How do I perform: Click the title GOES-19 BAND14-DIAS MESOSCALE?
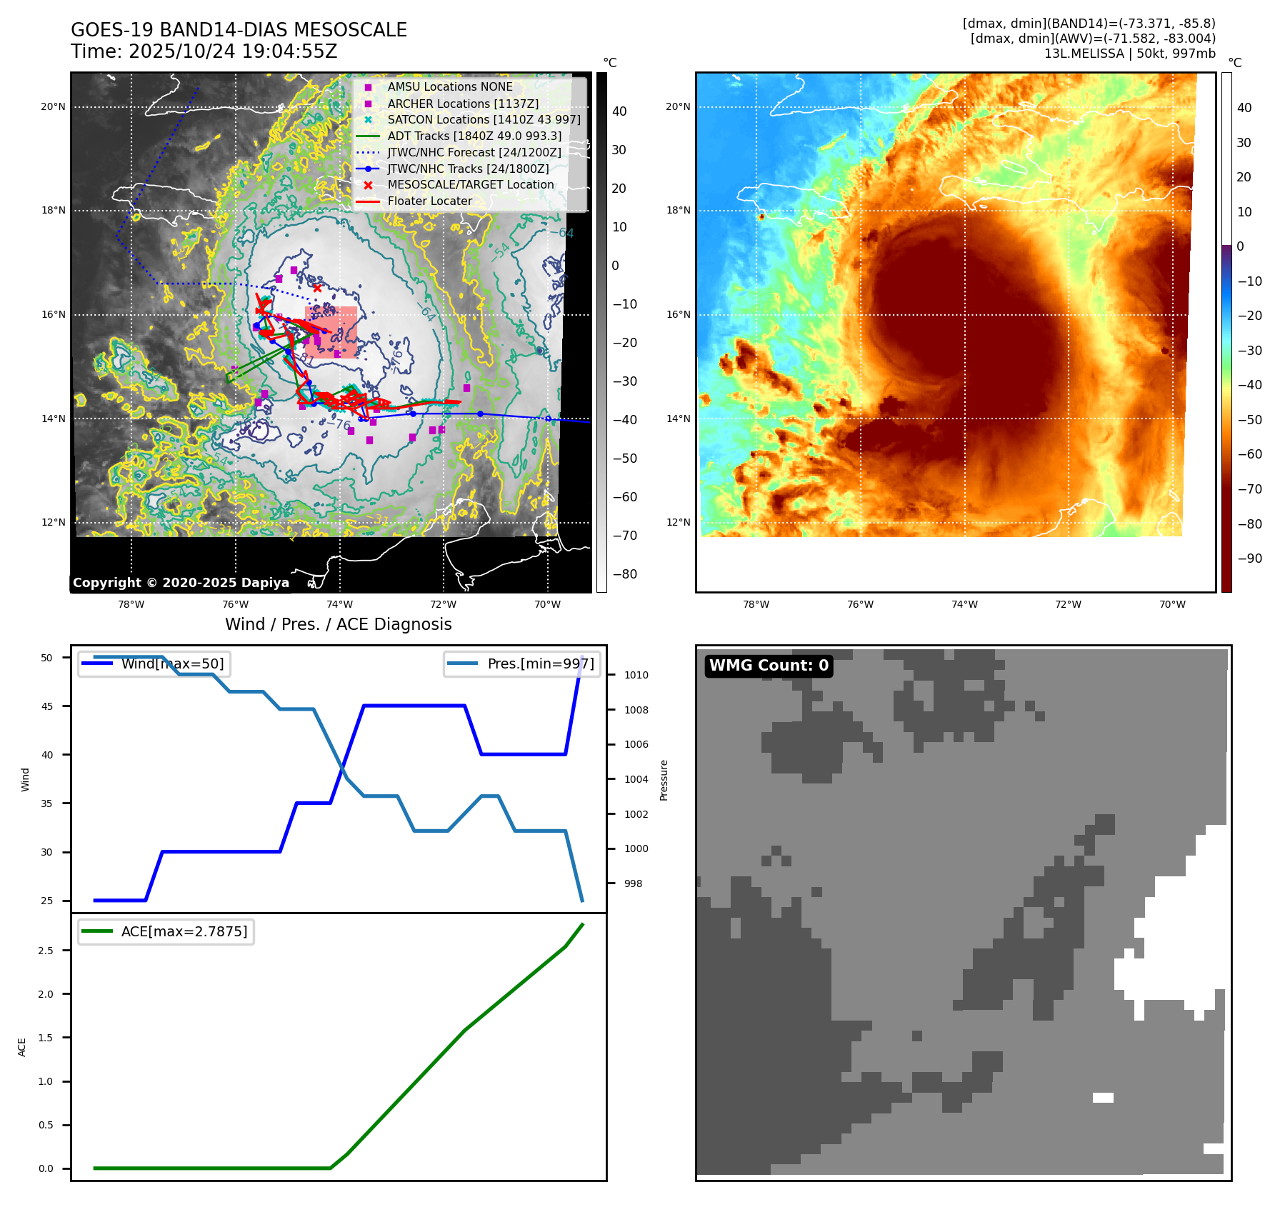coord(239,30)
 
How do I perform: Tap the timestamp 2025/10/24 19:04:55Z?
coord(233,51)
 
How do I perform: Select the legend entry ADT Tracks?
coord(474,136)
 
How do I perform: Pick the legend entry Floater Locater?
coord(429,201)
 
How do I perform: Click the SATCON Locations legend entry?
coord(484,119)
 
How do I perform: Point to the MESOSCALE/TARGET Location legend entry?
coord(471,184)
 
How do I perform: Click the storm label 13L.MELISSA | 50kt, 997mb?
coord(1129,54)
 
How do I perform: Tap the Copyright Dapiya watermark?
coord(181,583)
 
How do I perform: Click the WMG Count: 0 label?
coord(769,666)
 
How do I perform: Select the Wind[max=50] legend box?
coord(154,663)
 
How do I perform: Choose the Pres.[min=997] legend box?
coord(522,663)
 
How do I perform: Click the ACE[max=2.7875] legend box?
coord(166,931)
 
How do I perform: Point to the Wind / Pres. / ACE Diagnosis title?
coord(338,624)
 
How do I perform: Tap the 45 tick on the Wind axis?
coord(47,706)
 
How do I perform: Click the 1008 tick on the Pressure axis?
coord(636,710)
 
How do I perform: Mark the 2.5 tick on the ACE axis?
coord(46,951)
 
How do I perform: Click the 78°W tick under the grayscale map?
coord(131,604)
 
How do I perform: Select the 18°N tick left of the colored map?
coord(678,211)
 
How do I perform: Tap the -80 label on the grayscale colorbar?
coord(624,574)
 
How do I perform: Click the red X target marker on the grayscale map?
coord(317,288)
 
